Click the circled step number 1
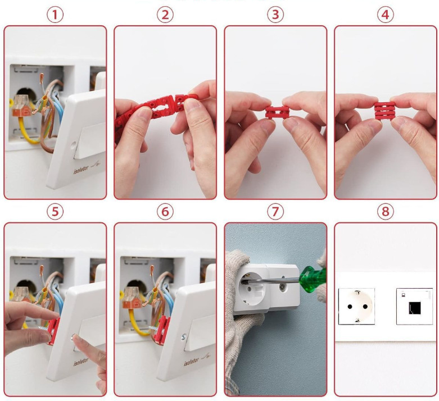pyautogui.click(x=55, y=15)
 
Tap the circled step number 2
pyautogui.click(x=165, y=15)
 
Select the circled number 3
pyautogui.click(x=275, y=15)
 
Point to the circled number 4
pyautogui.click(x=385, y=15)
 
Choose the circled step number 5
pyautogui.click(x=55, y=212)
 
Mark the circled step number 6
pyautogui.click(x=165, y=212)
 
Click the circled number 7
pyautogui.click(x=275, y=212)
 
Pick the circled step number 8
pyautogui.click(x=385, y=212)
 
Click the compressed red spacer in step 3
pyautogui.click(x=277, y=112)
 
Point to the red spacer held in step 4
pyautogui.click(x=386, y=111)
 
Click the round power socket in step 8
pyautogui.click(x=356, y=306)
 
